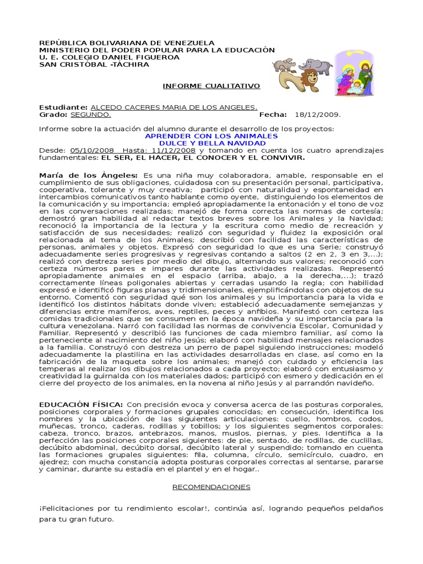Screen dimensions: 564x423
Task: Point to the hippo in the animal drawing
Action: coord(287,64)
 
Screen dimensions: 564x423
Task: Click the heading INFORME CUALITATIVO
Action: coord(211,86)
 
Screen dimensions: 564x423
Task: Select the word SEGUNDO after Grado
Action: coord(90,115)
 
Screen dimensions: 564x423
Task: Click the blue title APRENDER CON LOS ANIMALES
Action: coord(211,135)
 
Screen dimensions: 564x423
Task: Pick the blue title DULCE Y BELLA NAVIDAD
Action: coord(211,143)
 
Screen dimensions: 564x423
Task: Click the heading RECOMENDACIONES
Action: coord(211,487)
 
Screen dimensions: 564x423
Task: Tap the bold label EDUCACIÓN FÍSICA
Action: coord(80,405)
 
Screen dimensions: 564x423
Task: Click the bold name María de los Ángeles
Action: coord(89,175)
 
